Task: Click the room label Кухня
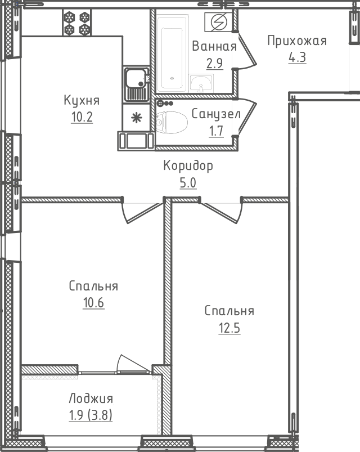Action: [82, 101]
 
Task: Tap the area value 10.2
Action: [82, 118]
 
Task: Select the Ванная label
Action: [214, 46]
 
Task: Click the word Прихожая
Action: [296, 41]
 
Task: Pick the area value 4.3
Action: [297, 57]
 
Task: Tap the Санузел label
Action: [216, 114]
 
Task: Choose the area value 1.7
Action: [216, 131]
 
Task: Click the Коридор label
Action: [188, 166]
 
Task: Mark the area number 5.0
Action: [188, 183]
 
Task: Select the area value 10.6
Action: [93, 303]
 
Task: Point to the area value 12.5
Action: [229, 328]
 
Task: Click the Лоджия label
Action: [91, 399]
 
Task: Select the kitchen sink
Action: [136, 84]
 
